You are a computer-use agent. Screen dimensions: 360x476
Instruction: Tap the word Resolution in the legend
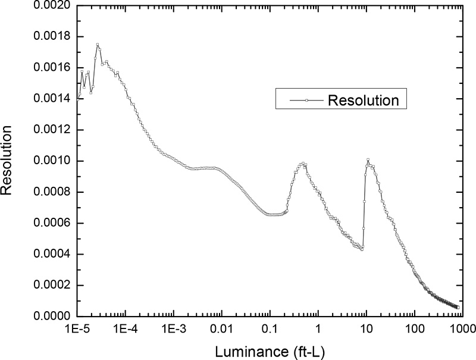(x=363, y=100)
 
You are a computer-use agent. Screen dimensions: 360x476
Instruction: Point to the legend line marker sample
(x=306, y=101)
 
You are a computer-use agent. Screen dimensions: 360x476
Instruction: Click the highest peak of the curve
(x=98, y=45)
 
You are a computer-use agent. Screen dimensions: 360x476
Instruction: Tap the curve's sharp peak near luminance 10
(x=368, y=159)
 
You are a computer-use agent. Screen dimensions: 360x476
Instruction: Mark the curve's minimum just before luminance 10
(x=362, y=250)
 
